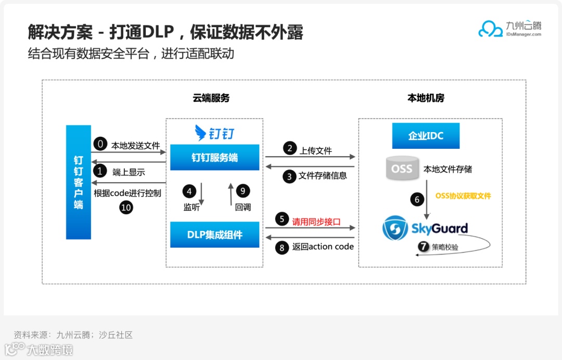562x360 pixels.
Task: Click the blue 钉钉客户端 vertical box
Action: [x=79, y=182]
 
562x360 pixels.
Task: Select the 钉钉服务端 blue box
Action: [x=214, y=157]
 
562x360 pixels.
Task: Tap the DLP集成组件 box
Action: [x=214, y=235]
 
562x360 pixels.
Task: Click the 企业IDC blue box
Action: [x=426, y=136]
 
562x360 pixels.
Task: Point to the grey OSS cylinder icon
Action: [x=402, y=169]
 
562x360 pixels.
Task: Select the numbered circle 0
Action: [x=100, y=145]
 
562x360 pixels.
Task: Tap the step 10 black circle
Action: [x=126, y=207]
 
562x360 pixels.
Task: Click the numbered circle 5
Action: [x=282, y=220]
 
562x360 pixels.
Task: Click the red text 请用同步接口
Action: [x=316, y=221]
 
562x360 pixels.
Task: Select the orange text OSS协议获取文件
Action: [x=463, y=196]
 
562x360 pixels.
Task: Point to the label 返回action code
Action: [x=323, y=247]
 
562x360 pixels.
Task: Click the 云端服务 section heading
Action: [x=211, y=98]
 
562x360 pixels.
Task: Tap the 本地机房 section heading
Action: [x=426, y=98]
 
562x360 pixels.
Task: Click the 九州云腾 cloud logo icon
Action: [x=490, y=29]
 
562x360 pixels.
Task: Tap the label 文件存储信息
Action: [x=323, y=176]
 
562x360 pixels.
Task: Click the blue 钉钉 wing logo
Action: [x=201, y=133]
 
